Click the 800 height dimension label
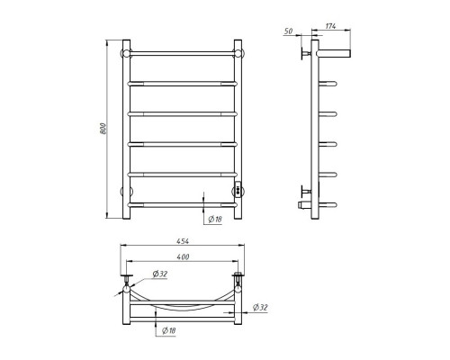103,129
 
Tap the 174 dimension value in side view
330,26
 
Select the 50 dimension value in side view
288,31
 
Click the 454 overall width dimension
183,241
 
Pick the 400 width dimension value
183,256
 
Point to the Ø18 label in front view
215,220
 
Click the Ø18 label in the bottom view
168,331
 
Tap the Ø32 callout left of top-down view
160,274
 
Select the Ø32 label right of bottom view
260,308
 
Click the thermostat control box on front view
238,190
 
